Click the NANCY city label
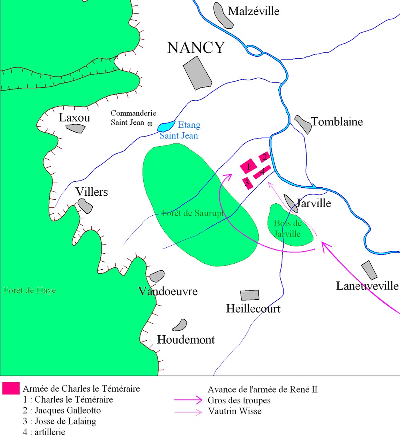point(196,48)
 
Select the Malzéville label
point(253,11)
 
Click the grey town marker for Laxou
point(76,128)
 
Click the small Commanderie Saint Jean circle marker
point(150,124)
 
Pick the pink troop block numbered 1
point(248,166)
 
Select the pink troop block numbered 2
point(264,157)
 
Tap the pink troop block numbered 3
point(247,183)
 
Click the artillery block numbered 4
point(262,171)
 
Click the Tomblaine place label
point(337,121)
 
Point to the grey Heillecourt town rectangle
point(250,295)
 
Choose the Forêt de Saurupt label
point(192,213)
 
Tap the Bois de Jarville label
point(287,228)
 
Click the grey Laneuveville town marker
point(369,270)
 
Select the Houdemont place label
point(186,340)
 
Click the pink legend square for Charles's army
point(11,388)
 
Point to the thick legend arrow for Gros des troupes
point(188,400)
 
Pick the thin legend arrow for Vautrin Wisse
point(188,411)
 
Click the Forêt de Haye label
point(30,290)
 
